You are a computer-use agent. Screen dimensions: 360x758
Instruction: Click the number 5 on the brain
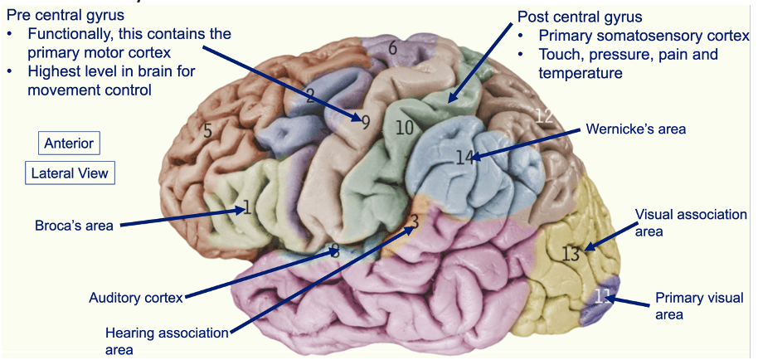coord(208,130)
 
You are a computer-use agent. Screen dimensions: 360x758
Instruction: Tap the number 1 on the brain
coord(246,207)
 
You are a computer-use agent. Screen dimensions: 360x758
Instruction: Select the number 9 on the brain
coord(365,122)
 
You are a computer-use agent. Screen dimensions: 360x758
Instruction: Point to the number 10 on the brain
coord(404,128)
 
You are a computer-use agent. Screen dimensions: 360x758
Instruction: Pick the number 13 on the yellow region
coord(570,254)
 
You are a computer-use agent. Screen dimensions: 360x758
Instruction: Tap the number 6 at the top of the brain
coord(392,48)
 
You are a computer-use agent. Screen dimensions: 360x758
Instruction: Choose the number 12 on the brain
coord(543,115)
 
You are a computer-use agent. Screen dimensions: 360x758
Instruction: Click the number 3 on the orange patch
coord(414,221)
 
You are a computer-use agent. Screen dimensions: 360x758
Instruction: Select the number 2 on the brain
coord(309,95)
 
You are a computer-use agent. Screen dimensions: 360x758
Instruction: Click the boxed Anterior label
coord(69,143)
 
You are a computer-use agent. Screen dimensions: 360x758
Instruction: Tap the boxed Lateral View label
coord(69,173)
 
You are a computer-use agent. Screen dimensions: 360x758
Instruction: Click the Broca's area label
coord(74,225)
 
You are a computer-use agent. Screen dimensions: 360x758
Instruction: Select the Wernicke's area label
coord(636,129)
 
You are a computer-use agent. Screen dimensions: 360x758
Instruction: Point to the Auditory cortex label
coord(137,297)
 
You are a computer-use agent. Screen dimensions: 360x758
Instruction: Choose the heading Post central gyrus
coord(580,17)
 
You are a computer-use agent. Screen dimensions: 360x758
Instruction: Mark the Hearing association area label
coord(166,341)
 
